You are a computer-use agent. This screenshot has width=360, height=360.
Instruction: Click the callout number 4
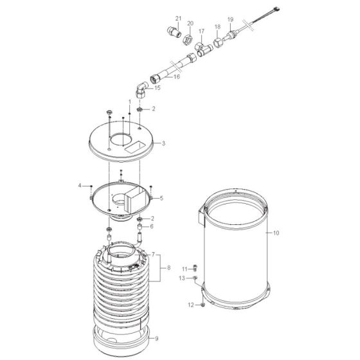81,186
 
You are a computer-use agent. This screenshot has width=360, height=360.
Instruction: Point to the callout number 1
129,102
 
